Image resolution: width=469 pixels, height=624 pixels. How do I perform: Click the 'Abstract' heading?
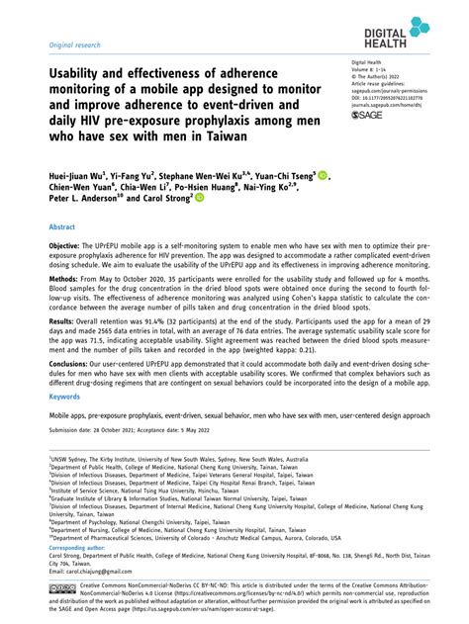(62, 254)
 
